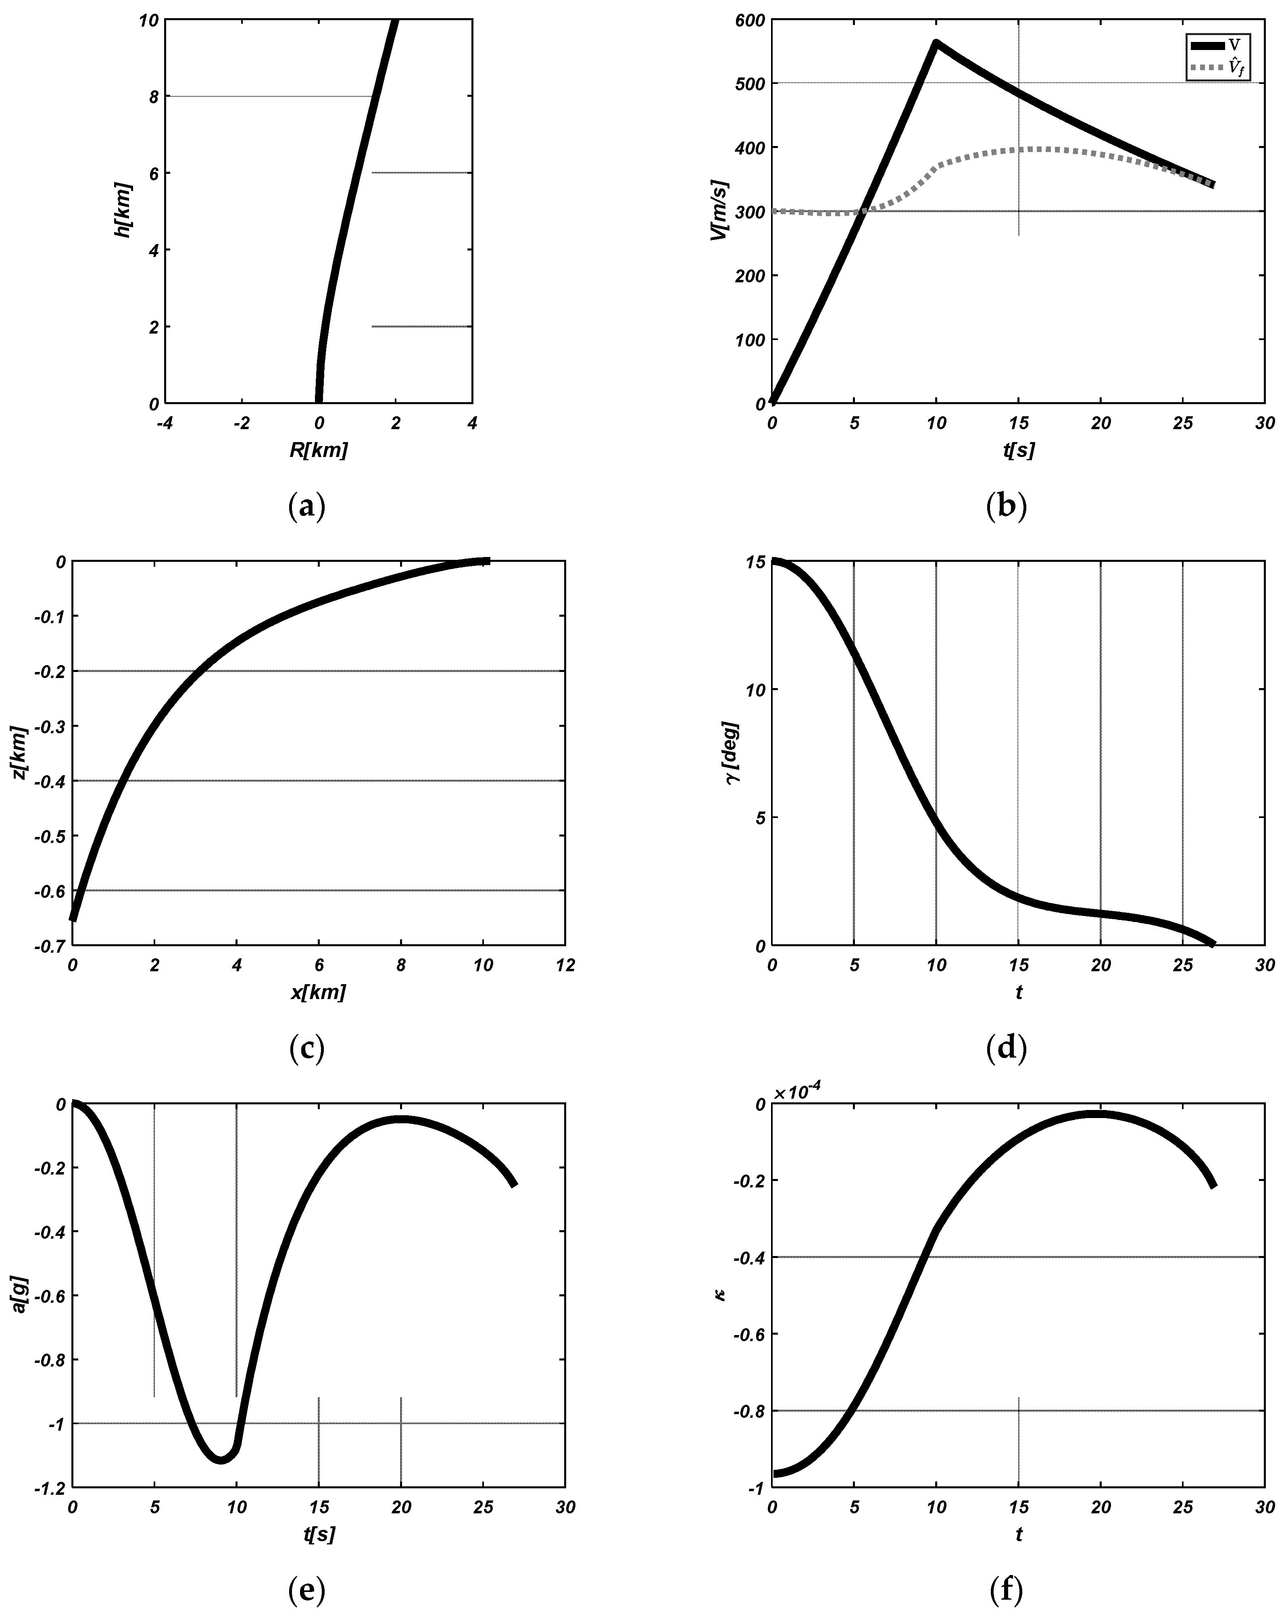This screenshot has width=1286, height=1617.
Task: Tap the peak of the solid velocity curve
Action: click(x=936, y=43)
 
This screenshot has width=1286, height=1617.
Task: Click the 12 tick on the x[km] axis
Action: click(x=565, y=965)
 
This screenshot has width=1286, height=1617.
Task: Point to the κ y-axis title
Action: click(x=721, y=1294)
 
